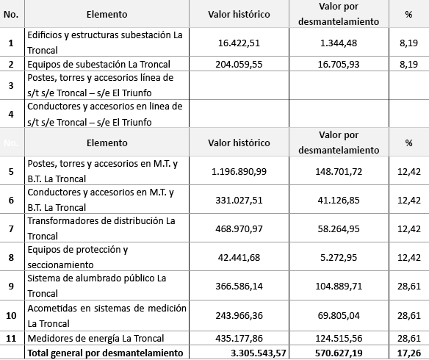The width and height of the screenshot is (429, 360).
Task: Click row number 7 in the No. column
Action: click(11, 228)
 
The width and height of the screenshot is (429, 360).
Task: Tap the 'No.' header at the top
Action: click(11, 14)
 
